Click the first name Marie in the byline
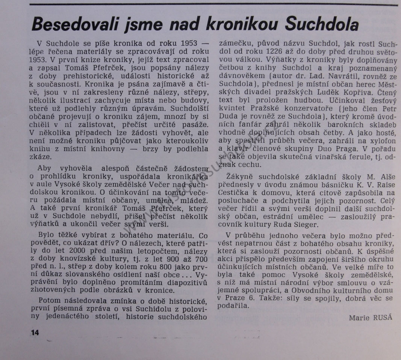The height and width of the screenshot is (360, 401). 359,318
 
